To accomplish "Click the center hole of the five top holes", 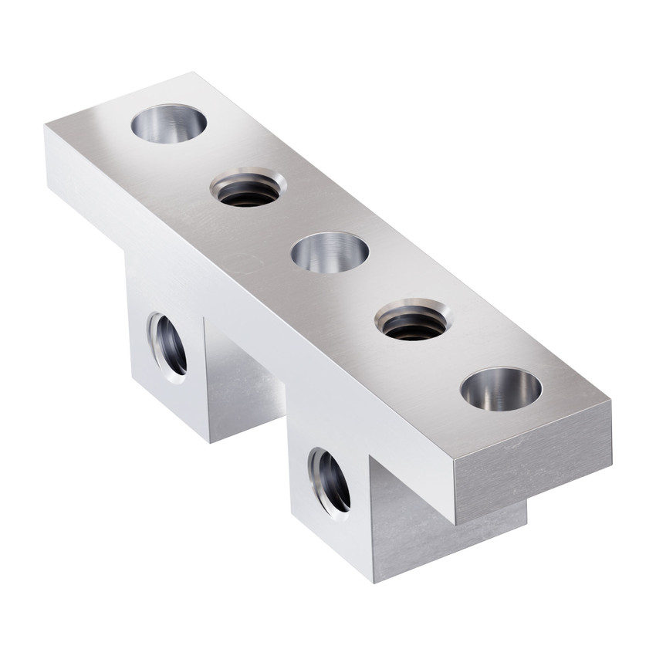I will click(x=330, y=252).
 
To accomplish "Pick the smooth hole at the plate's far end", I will click(x=168, y=123).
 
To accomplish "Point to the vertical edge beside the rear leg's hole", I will click(x=205, y=370).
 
